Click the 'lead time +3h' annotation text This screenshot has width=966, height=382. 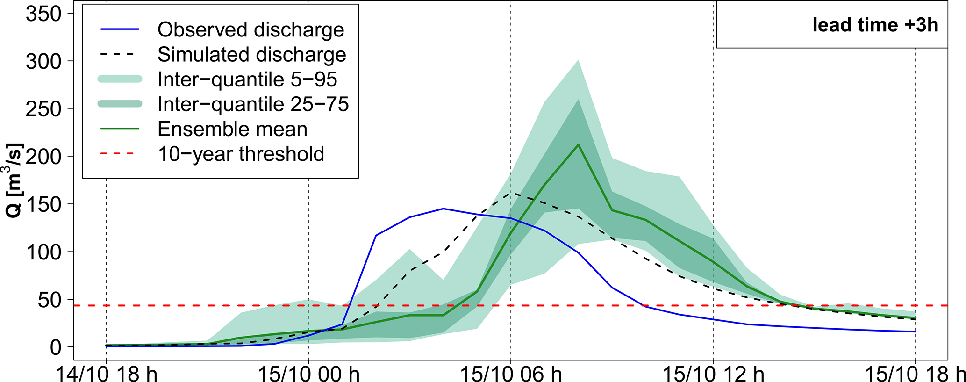(x=875, y=25)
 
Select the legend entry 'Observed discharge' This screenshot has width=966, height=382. (x=250, y=29)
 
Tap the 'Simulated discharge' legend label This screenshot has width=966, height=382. (x=251, y=55)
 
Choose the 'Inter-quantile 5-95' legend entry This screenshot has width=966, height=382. (x=247, y=79)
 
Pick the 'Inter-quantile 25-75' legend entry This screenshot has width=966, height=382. (x=253, y=104)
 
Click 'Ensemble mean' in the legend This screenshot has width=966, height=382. (x=232, y=129)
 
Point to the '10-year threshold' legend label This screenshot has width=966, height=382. (x=241, y=154)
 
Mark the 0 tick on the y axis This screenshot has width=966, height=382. (x=56, y=347)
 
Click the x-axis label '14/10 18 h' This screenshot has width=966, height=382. (x=107, y=374)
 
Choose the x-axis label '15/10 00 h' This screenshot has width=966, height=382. (x=308, y=374)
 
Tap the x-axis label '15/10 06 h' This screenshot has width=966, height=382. (x=511, y=374)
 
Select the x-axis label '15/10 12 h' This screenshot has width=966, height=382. (x=713, y=374)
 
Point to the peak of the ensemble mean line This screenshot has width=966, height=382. (x=578, y=144)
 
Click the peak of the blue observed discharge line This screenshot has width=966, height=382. (x=443, y=209)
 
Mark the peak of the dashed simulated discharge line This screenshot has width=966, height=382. (x=511, y=193)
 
